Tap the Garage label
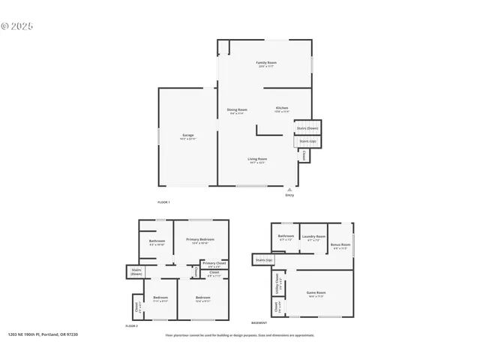click(187, 136)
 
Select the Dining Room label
click(237, 111)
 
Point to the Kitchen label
click(281, 109)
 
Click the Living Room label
click(257, 160)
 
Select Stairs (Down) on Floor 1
click(307, 128)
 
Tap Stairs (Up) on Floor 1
click(307, 141)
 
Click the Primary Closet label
click(214, 264)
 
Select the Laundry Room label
click(313, 238)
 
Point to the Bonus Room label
click(341, 246)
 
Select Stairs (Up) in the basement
click(264, 259)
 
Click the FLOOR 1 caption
click(163, 203)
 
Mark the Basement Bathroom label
click(286, 237)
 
